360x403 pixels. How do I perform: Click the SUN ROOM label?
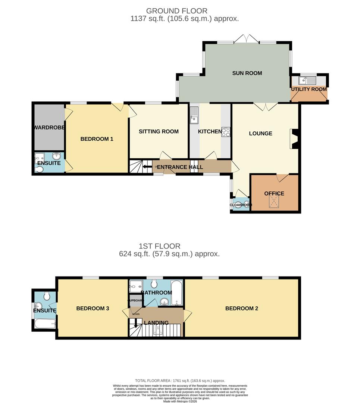coord(247,73)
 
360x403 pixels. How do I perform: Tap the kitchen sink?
coord(194,115)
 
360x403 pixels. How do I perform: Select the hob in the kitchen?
coord(226,132)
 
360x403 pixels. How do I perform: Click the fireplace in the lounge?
coord(294,139)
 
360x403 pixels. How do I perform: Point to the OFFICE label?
coord(274,193)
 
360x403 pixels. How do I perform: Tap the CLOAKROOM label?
coord(240,205)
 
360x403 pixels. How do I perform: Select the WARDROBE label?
coord(49,128)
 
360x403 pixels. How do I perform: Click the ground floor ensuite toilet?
coord(38,170)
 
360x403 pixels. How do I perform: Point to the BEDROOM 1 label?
coord(97,139)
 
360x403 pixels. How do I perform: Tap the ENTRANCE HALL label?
coord(180,167)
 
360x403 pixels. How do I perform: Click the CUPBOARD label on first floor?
coord(135,300)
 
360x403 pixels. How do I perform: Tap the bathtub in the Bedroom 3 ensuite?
coord(45,324)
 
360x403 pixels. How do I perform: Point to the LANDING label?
coord(156,322)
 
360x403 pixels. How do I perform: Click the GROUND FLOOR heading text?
coord(176,11)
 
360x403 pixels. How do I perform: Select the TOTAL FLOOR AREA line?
coord(180,379)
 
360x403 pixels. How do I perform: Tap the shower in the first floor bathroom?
coord(135,287)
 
